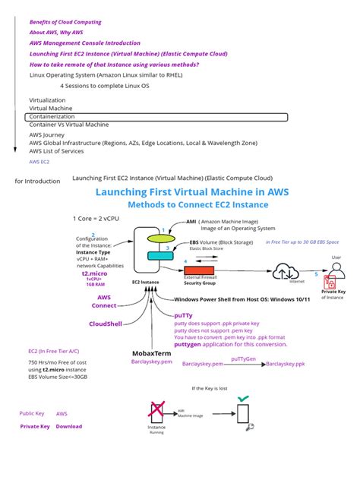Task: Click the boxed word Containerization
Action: [x=52, y=117]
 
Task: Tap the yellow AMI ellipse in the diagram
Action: [x=160, y=239]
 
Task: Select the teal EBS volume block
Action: [x=160, y=256]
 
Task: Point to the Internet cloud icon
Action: [x=289, y=270]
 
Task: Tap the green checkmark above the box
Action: [x=242, y=397]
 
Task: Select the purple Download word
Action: [x=69, y=426]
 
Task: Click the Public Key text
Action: [x=32, y=414]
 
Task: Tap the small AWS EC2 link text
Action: [x=39, y=162]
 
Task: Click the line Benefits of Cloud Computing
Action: [x=66, y=22]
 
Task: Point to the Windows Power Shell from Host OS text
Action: [x=228, y=299]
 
